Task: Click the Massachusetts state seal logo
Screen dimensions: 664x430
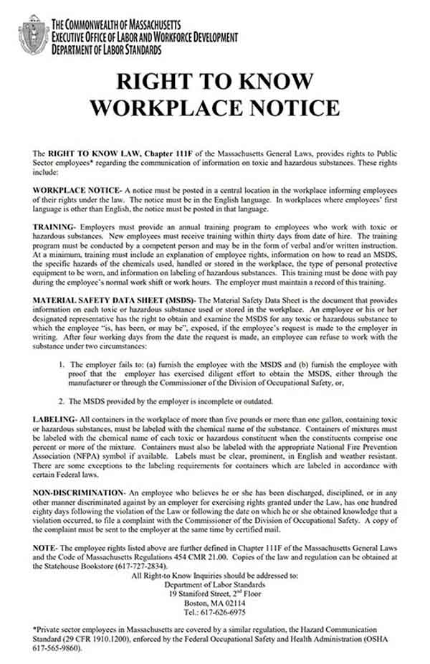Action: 33,37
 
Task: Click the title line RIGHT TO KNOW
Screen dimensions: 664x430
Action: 215,80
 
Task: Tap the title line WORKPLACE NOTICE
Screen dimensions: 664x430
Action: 215,108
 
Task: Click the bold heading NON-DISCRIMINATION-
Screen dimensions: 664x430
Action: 80,495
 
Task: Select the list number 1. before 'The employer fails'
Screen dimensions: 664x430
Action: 64,364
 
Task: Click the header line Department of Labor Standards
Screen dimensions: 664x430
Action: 106,50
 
